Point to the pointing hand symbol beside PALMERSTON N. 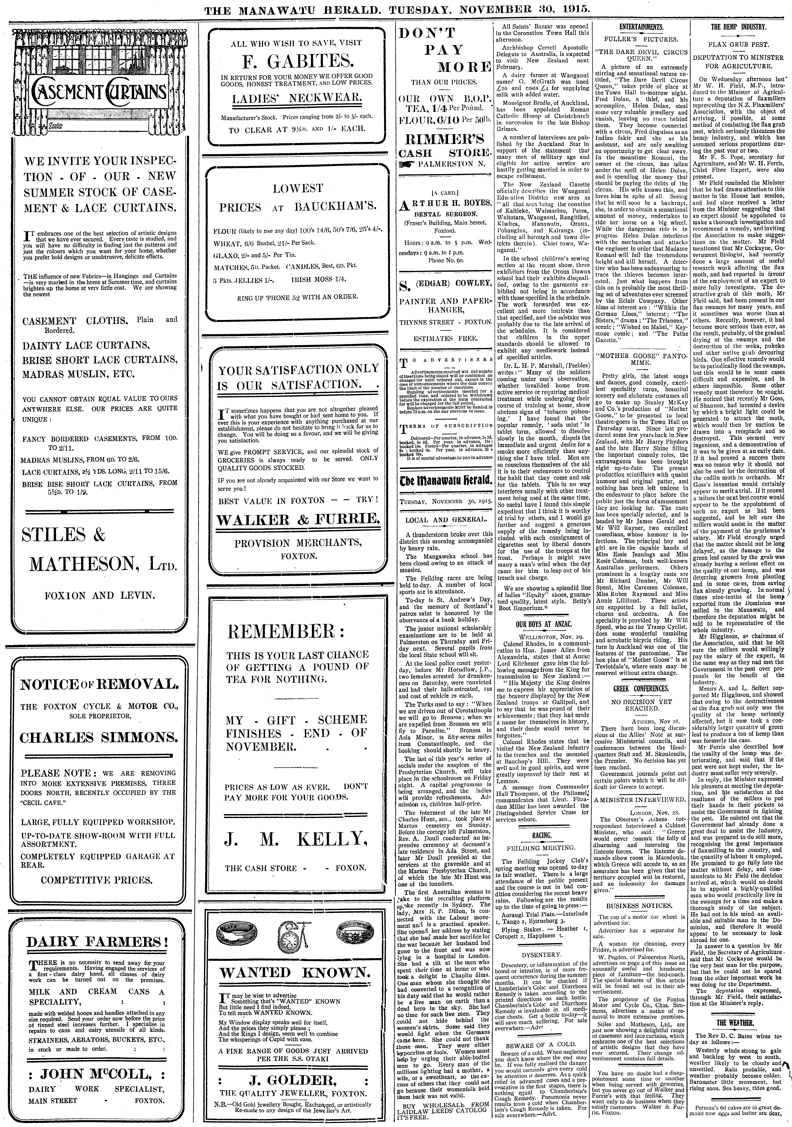[x=407, y=164]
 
